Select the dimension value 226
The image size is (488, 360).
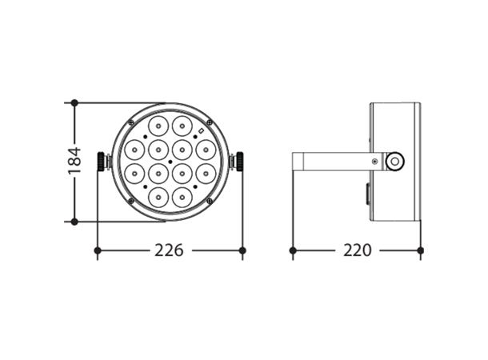pos(169,250)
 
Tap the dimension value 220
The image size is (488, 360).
pos(358,250)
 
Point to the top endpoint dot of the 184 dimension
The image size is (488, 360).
pos(74,102)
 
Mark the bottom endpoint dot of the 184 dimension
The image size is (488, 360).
pos(74,221)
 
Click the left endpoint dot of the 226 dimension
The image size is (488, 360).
pos(98,250)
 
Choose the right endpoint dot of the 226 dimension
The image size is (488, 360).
pos(242,250)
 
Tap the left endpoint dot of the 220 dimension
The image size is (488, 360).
pos(293,250)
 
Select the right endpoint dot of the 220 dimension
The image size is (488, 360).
pos(420,250)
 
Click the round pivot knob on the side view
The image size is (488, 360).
pos(394,161)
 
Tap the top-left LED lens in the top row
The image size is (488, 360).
pos(158,126)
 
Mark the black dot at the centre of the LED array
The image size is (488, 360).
pos(170,161)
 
